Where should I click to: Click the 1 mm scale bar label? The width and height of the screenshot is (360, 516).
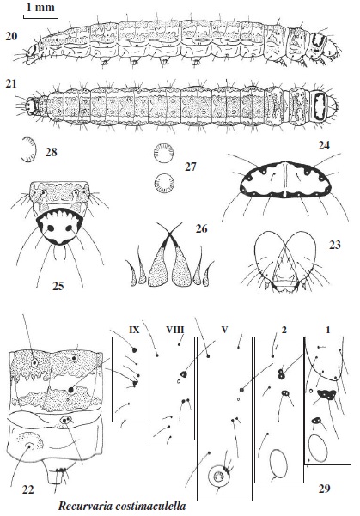40,8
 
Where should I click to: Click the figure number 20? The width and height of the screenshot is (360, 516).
11,36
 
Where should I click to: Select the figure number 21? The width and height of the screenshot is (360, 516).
11,84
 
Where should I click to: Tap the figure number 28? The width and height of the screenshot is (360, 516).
51,152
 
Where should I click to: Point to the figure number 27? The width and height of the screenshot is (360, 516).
191,167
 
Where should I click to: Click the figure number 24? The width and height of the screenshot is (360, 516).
324,145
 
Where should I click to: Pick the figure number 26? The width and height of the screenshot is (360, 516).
201,228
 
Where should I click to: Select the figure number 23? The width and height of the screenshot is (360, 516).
335,245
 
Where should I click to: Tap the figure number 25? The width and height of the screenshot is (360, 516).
58,286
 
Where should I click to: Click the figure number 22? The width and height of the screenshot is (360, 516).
28,490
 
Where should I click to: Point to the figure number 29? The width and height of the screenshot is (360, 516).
325,489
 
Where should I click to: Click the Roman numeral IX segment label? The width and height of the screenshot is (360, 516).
134,330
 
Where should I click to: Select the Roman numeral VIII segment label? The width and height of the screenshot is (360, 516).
175,330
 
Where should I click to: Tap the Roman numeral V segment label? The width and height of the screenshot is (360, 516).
224,330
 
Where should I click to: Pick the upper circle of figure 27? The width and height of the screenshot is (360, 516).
164,154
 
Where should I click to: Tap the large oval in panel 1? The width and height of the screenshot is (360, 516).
318,448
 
